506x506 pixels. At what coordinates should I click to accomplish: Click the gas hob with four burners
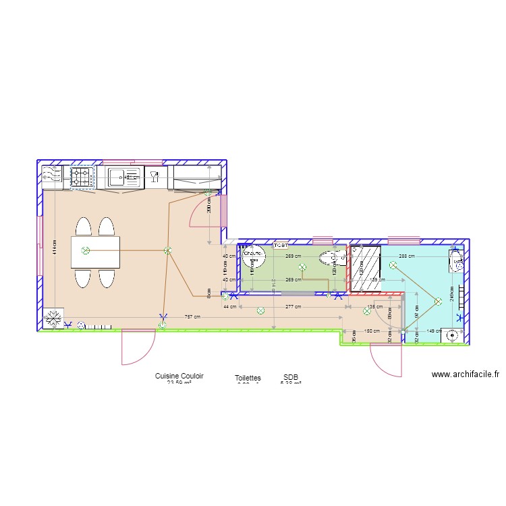point(83,178)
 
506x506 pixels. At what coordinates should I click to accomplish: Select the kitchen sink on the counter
point(119,178)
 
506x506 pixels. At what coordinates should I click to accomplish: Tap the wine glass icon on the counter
point(154,177)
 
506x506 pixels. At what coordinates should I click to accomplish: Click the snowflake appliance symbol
point(52,318)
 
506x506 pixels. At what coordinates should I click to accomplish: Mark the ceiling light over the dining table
point(85,251)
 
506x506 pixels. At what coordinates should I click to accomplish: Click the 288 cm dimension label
point(406,256)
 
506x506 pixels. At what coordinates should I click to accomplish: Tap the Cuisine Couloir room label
point(179,376)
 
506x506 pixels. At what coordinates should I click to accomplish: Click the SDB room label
point(291,378)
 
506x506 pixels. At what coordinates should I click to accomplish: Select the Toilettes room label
point(248,379)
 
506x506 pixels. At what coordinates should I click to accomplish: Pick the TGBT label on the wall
point(280,246)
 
